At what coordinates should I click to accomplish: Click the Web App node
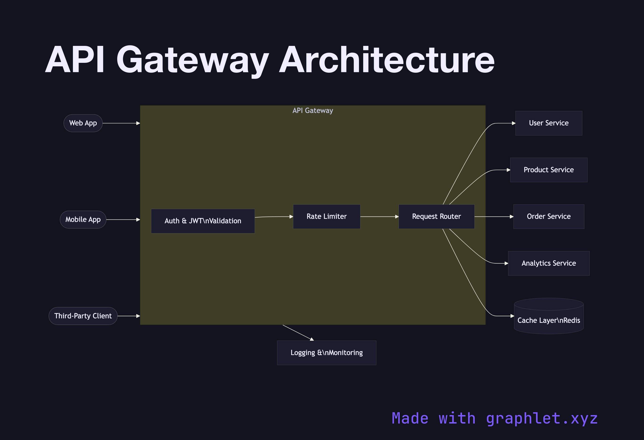click(x=83, y=123)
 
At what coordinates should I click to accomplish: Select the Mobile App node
click(x=83, y=220)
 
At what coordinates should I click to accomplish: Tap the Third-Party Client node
click(x=83, y=316)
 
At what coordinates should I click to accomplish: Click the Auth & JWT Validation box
click(x=203, y=221)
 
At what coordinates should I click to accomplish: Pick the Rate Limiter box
click(x=326, y=216)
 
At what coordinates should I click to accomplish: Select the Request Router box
click(x=436, y=216)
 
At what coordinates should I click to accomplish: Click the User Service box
click(x=548, y=123)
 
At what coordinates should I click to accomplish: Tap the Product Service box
click(x=548, y=170)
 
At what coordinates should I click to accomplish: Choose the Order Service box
click(x=548, y=216)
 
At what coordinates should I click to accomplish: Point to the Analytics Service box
click(x=548, y=263)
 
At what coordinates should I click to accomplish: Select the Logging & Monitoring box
click(x=326, y=353)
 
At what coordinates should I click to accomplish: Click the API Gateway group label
click(x=313, y=111)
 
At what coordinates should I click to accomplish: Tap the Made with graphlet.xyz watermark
click(x=494, y=418)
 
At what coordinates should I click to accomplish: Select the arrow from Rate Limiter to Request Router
click(x=379, y=216)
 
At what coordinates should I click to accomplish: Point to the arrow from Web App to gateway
click(x=121, y=123)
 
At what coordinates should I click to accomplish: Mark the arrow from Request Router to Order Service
click(x=494, y=216)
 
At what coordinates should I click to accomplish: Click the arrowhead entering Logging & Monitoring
click(x=312, y=339)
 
